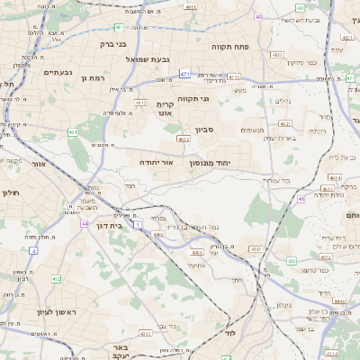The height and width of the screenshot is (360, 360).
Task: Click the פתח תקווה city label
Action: pyautogui.click(x=229, y=46)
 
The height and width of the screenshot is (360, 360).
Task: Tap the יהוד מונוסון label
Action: pyautogui.click(x=210, y=164)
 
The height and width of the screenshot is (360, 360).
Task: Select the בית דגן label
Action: pyautogui.click(x=108, y=227)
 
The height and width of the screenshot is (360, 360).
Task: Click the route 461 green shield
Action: pyautogui.click(x=73, y=133)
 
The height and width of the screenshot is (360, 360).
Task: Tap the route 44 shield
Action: pyautogui.click(x=84, y=223)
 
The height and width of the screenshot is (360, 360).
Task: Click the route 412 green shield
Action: pyautogui.click(x=56, y=279)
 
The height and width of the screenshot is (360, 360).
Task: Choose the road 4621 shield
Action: pyautogui.click(x=184, y=139)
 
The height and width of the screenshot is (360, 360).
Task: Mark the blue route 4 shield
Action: pyautogui.click(x=33, y=250)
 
